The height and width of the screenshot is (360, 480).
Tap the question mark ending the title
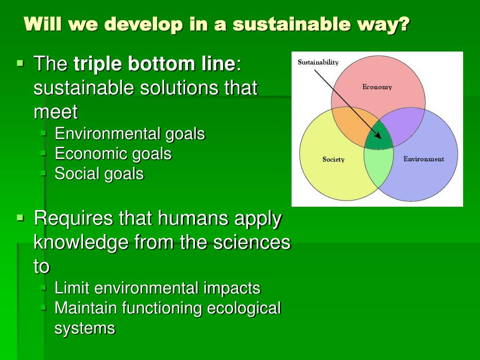[404, 24]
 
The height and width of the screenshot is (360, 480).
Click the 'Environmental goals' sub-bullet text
[130, 134]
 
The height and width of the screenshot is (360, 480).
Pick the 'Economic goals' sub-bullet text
[113, 154]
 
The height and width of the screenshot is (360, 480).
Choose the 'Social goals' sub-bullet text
[99, 174]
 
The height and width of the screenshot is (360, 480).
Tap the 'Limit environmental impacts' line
[157, 288]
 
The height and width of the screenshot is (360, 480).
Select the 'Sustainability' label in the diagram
[318, 62]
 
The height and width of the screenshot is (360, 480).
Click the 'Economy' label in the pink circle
[377, 87]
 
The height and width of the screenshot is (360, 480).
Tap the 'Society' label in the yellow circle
[333, 159]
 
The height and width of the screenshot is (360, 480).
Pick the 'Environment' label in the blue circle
[424, 159]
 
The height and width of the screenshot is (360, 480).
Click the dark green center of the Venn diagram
[378, 136]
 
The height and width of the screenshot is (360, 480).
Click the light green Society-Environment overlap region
[379, 165]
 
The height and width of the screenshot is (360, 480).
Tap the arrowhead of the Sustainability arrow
[378, 136]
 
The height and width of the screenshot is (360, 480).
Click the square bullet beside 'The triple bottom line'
[20, 64]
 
